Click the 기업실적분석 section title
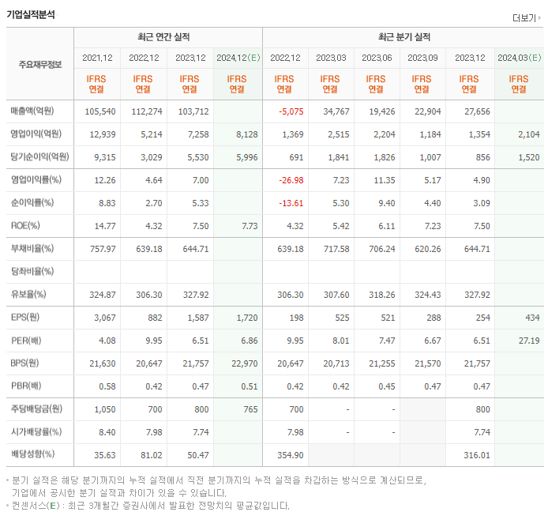[31, 14]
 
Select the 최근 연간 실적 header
[167, 37]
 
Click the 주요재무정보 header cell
[39, 65]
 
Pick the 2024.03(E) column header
[519, 58]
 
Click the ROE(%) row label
[26, 226]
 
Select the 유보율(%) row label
[28, 295]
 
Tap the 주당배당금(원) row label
[35, 409]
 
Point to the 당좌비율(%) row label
[32, 272]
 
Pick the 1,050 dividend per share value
[103, 409]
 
